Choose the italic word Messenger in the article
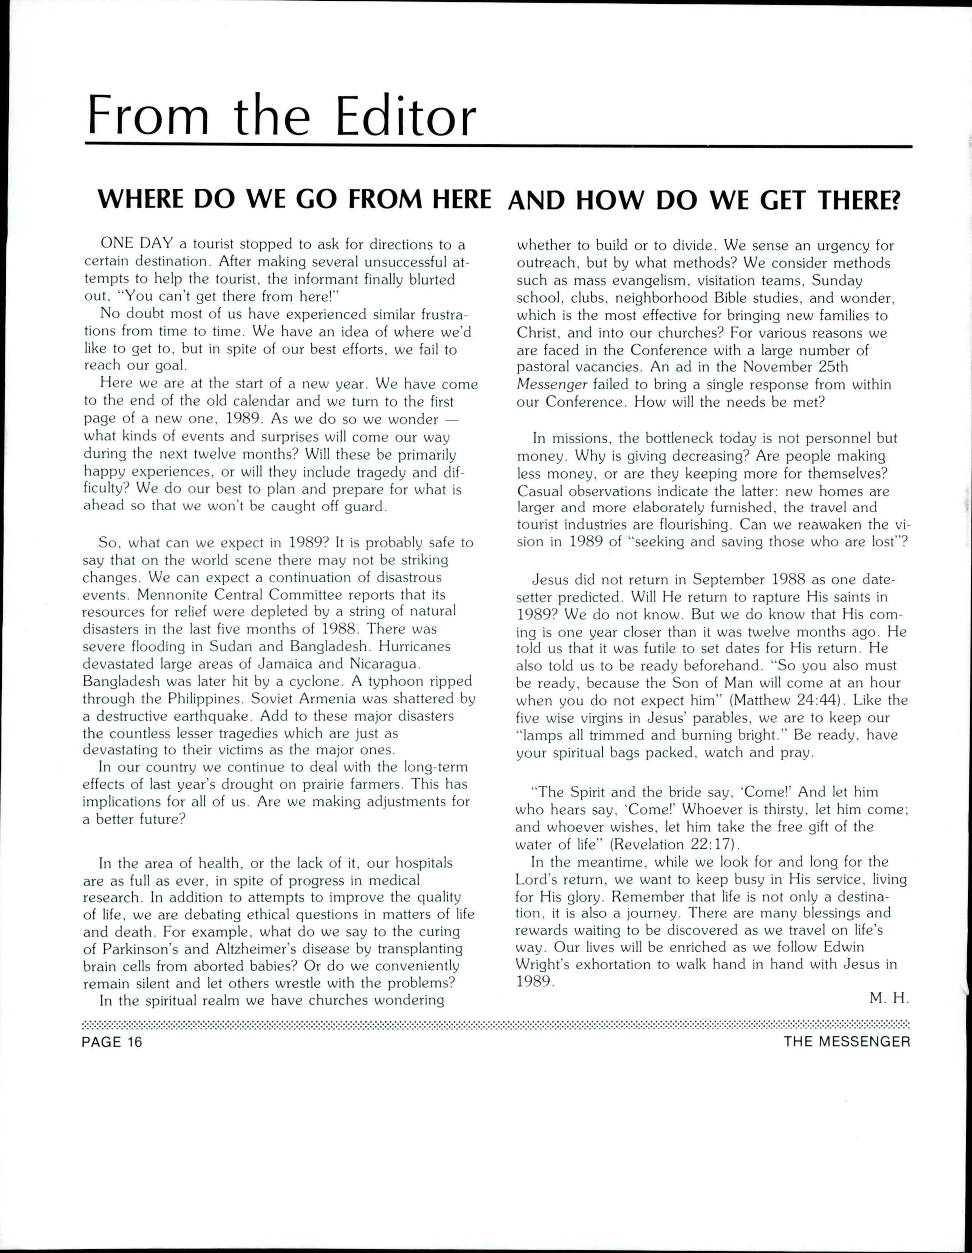(552, 385)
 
